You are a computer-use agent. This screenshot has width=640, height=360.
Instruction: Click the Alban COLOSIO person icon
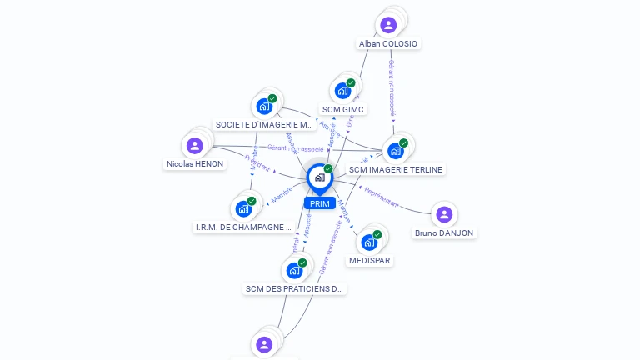tap(388, 25)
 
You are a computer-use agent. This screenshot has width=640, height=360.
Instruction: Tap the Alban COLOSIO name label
tap(388, 43)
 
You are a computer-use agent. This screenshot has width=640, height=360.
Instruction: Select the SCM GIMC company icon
tap(342, 91)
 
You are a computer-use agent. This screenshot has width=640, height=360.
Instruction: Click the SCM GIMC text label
tap(342, 109)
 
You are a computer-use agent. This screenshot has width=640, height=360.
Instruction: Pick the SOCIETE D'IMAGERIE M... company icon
tap(264, 107)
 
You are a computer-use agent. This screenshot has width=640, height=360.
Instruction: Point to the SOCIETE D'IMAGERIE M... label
tap(264, 124)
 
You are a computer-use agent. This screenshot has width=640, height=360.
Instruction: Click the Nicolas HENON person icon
tap(195, 146)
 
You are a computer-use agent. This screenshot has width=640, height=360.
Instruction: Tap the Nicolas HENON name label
tap(195, 164)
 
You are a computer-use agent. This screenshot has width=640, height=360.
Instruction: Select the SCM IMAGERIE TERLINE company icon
tap(395, 151)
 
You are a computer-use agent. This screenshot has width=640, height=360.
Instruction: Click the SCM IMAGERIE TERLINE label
tap(396, 169)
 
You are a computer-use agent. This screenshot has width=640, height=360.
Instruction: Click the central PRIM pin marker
tap(319, 177)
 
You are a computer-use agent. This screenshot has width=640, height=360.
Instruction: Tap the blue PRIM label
tap(319, 203)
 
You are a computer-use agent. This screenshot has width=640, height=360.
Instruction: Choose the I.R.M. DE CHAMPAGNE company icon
tap(243, 208)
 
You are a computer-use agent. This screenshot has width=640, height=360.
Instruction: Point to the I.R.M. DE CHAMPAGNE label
tap(243, 227)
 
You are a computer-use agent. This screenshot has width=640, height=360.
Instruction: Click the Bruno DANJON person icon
tap(444, 215)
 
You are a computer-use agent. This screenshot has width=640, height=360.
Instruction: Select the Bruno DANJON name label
tap(444, 233)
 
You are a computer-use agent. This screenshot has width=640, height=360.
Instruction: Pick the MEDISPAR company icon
tap(369, 242)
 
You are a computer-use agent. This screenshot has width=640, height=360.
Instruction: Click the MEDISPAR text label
tap(370, 260)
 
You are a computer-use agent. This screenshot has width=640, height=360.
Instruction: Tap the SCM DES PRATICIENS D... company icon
tap(294, 270)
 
